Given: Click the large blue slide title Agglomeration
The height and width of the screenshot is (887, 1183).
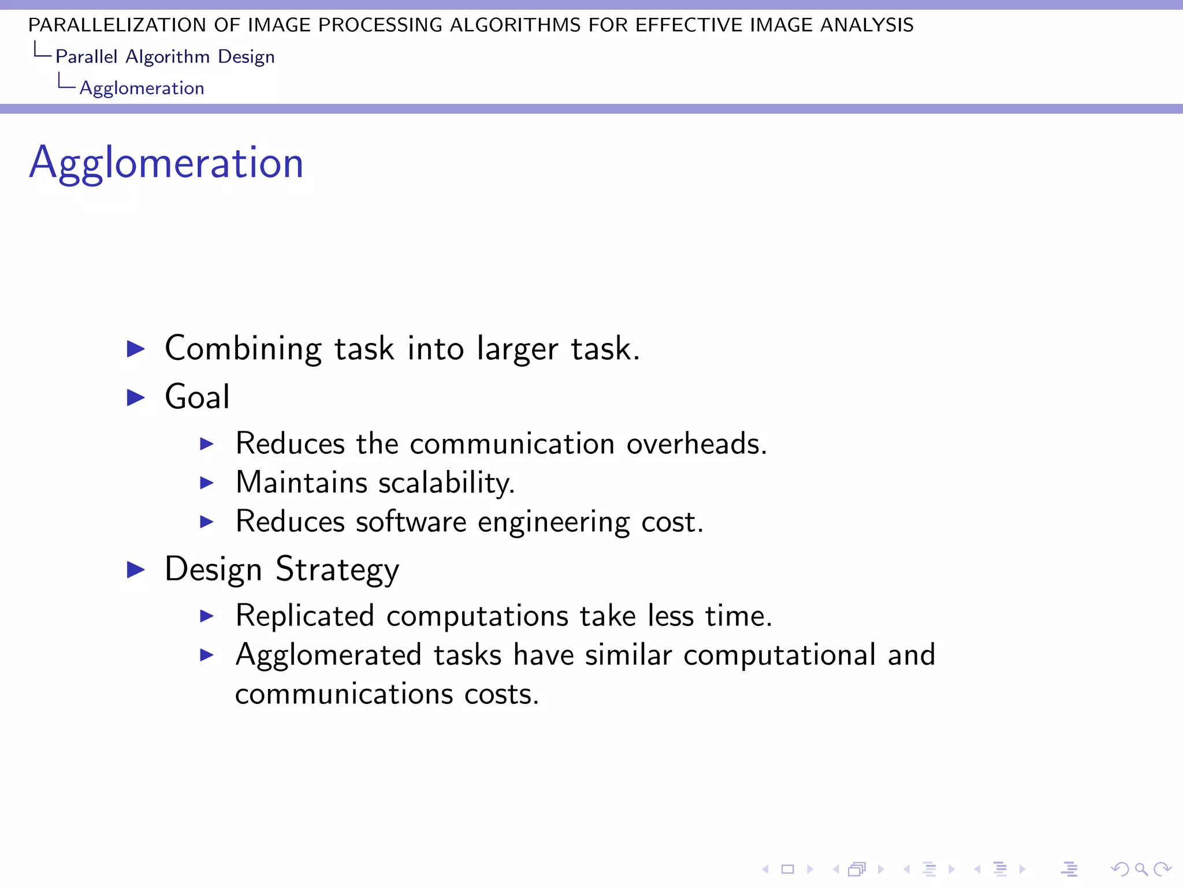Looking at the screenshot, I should click(166, 163).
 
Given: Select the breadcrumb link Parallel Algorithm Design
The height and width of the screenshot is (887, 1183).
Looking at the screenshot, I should click(165, 57).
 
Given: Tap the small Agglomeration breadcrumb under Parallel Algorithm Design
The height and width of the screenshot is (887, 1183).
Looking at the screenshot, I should click(142, 88).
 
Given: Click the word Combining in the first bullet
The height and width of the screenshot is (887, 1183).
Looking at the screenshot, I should click(243, 348).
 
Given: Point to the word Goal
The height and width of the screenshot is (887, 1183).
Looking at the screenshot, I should click(197, 397).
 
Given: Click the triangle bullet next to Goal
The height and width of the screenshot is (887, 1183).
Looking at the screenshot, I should click(136, 397).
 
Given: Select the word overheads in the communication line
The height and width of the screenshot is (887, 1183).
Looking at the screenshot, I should click(696, 443).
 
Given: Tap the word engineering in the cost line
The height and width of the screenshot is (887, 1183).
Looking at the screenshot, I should click(553, 521).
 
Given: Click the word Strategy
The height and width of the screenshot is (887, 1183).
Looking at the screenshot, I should click(337, 569).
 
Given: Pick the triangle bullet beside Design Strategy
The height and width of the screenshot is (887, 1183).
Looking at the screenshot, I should click(136, 569).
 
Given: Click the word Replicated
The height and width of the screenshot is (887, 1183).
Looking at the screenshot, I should click(305, 616).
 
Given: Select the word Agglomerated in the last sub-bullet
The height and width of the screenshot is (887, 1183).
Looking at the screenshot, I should click(328, 655).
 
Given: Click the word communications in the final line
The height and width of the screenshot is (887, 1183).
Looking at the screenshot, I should click(344, 694).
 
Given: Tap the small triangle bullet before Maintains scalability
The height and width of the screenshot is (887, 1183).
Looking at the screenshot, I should click(207, 483).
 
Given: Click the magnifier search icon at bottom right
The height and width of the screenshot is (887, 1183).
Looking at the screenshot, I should click(1141, 869).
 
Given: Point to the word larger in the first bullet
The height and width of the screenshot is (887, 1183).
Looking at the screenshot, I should click(517, 348).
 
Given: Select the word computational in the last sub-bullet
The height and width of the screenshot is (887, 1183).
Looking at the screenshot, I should click(779, 655).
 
